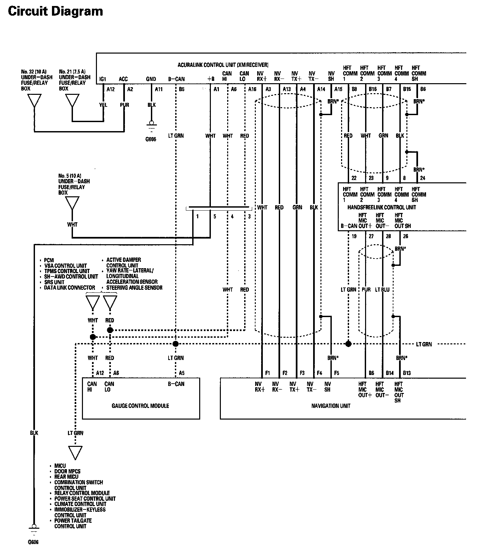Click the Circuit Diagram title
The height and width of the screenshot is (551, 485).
(x=55, y=11)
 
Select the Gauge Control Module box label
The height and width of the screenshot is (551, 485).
(x=140, y=406)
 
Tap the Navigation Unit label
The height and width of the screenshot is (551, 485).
(x=331, y=406)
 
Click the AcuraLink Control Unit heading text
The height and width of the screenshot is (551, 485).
(x=223, y=65)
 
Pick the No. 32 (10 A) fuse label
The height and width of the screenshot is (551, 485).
(x=34, y=72)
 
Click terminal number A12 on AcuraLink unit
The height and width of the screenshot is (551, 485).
(x=111, y=89)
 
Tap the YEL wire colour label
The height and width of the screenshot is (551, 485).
(x=104, y=105)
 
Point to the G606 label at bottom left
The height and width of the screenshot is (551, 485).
(x=33, y=542)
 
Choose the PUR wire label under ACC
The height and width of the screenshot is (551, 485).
(x=124, y=105)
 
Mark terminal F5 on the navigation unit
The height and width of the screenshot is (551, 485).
(x=337, y=373)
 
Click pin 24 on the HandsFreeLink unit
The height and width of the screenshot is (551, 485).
(x=422, y=178)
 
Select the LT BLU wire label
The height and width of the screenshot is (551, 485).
(x=382, y=290)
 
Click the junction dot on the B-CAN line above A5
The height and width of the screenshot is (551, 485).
(x=176, y=344)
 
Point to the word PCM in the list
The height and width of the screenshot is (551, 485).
(x=49, y=260)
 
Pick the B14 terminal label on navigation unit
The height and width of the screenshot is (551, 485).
(x=390, y=373)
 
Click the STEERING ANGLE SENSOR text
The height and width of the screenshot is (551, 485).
(x=134, y=288)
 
